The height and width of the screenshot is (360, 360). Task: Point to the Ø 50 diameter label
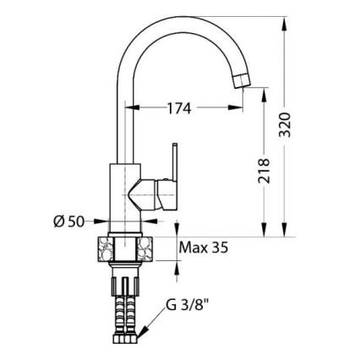pyautogui.click(x=70, y=222)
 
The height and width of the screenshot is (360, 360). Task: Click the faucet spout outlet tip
pyautogui.click(x=242, y=79)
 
